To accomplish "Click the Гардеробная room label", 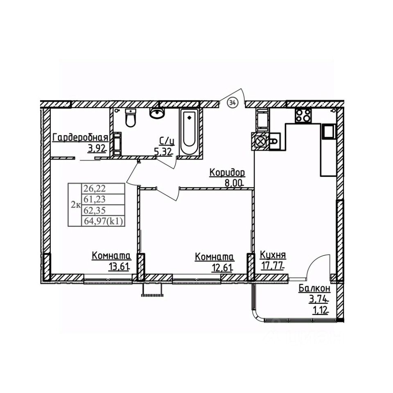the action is pyautogui.click(x=80, y=138).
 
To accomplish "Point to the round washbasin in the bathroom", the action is pyautogui.click(x=156, y=112).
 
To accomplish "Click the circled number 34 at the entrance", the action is pyautogui.click(x=232, y=102).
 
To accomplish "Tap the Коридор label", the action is pyautogui.click(x=227, y=173).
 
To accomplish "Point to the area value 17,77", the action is pyautogui.click(x=272, y=266).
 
